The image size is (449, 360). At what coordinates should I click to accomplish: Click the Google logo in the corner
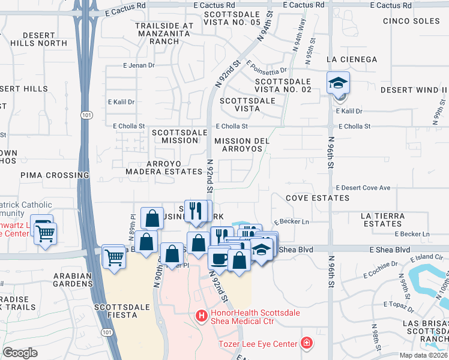(x=20, y=353)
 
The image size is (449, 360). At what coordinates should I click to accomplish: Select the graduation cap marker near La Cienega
(x=338, y=83)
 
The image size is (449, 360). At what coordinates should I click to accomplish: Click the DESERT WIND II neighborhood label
(x=414, y=89)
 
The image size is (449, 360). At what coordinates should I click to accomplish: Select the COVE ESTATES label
(x=317, y=197)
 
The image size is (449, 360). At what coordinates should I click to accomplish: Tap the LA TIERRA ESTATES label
(x=390, y=219)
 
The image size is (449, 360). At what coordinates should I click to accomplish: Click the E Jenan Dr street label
(x=139, y=65)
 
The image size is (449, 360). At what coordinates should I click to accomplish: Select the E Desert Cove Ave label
(x=363, y=188)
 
